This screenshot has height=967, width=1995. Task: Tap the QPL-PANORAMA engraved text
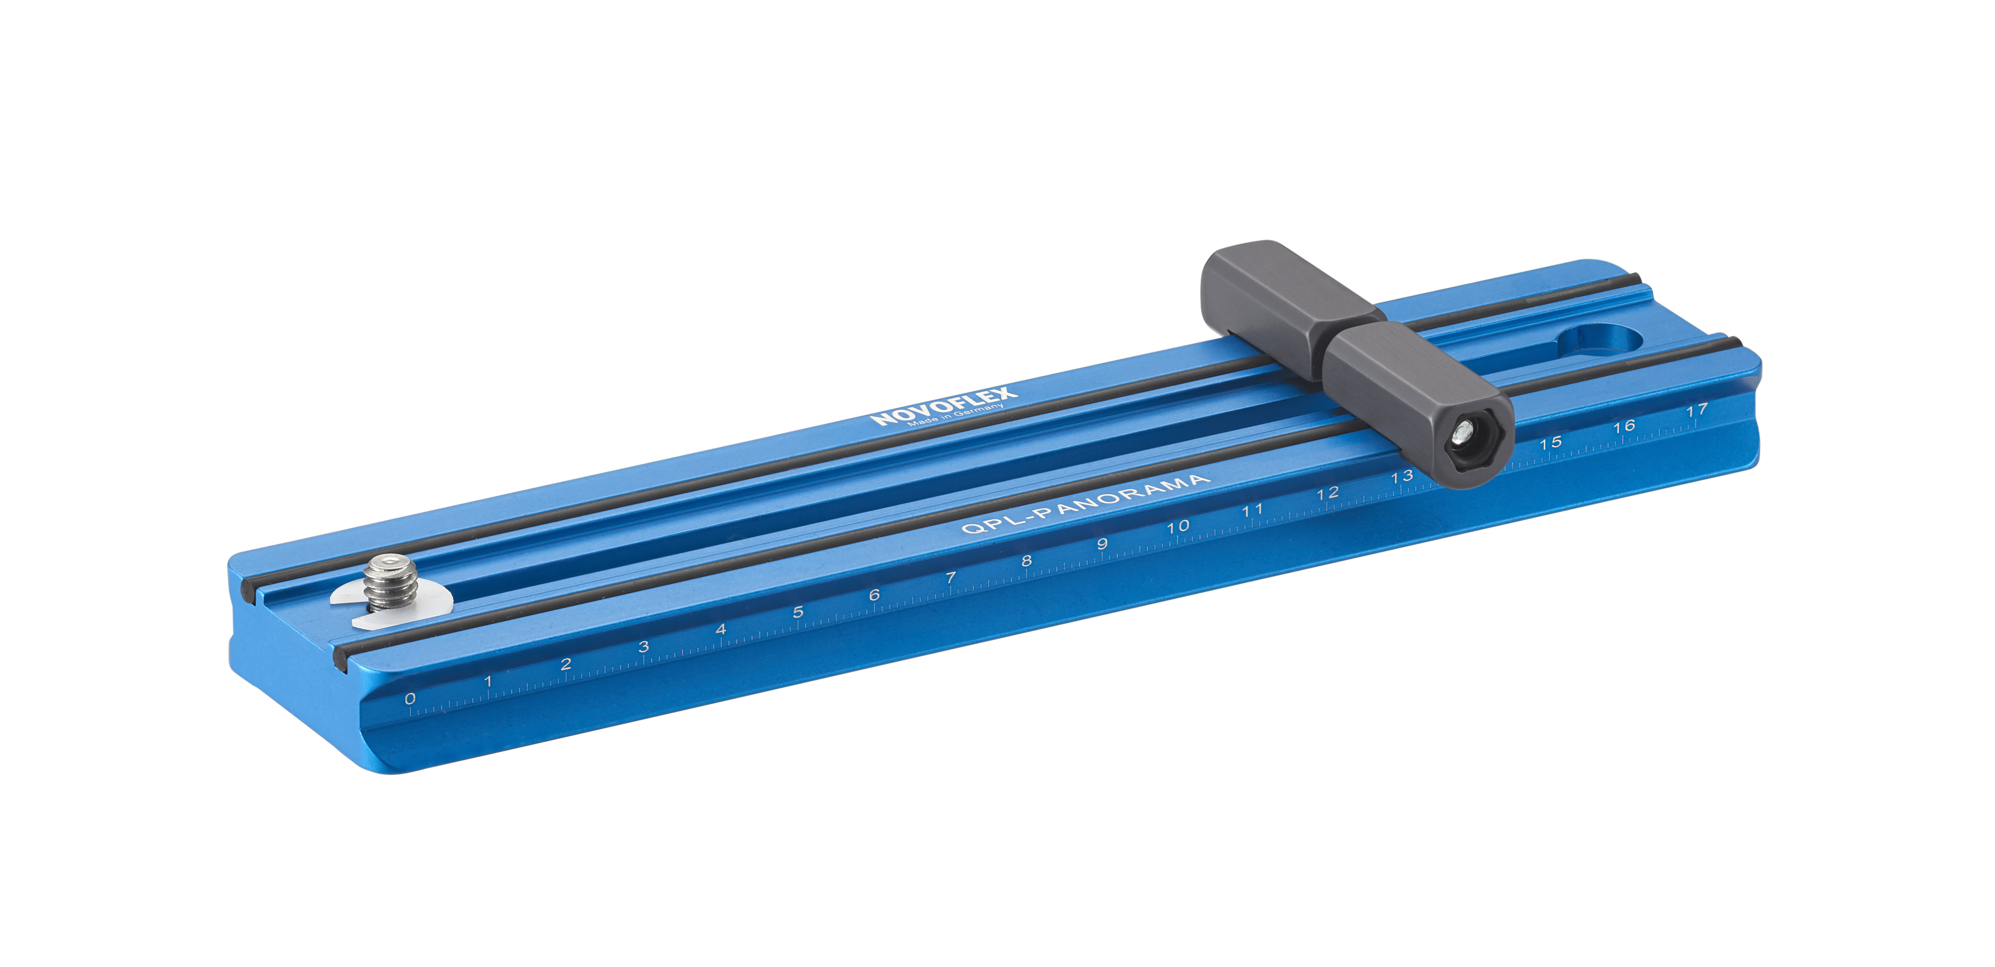[1084, 504]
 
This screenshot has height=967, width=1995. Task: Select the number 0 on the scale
[410, 698]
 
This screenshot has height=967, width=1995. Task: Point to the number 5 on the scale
[798, 612]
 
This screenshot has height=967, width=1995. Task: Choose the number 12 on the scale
[1327, 493]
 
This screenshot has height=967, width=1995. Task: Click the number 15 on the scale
[1550, 443]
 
